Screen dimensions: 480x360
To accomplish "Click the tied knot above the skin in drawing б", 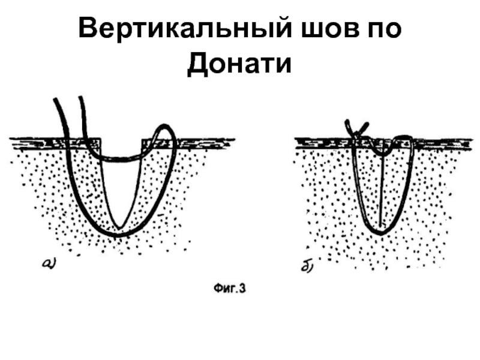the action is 355,129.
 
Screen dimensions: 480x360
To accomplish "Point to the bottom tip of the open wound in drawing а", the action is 120,227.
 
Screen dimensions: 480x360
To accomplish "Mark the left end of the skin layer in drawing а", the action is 12,142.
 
